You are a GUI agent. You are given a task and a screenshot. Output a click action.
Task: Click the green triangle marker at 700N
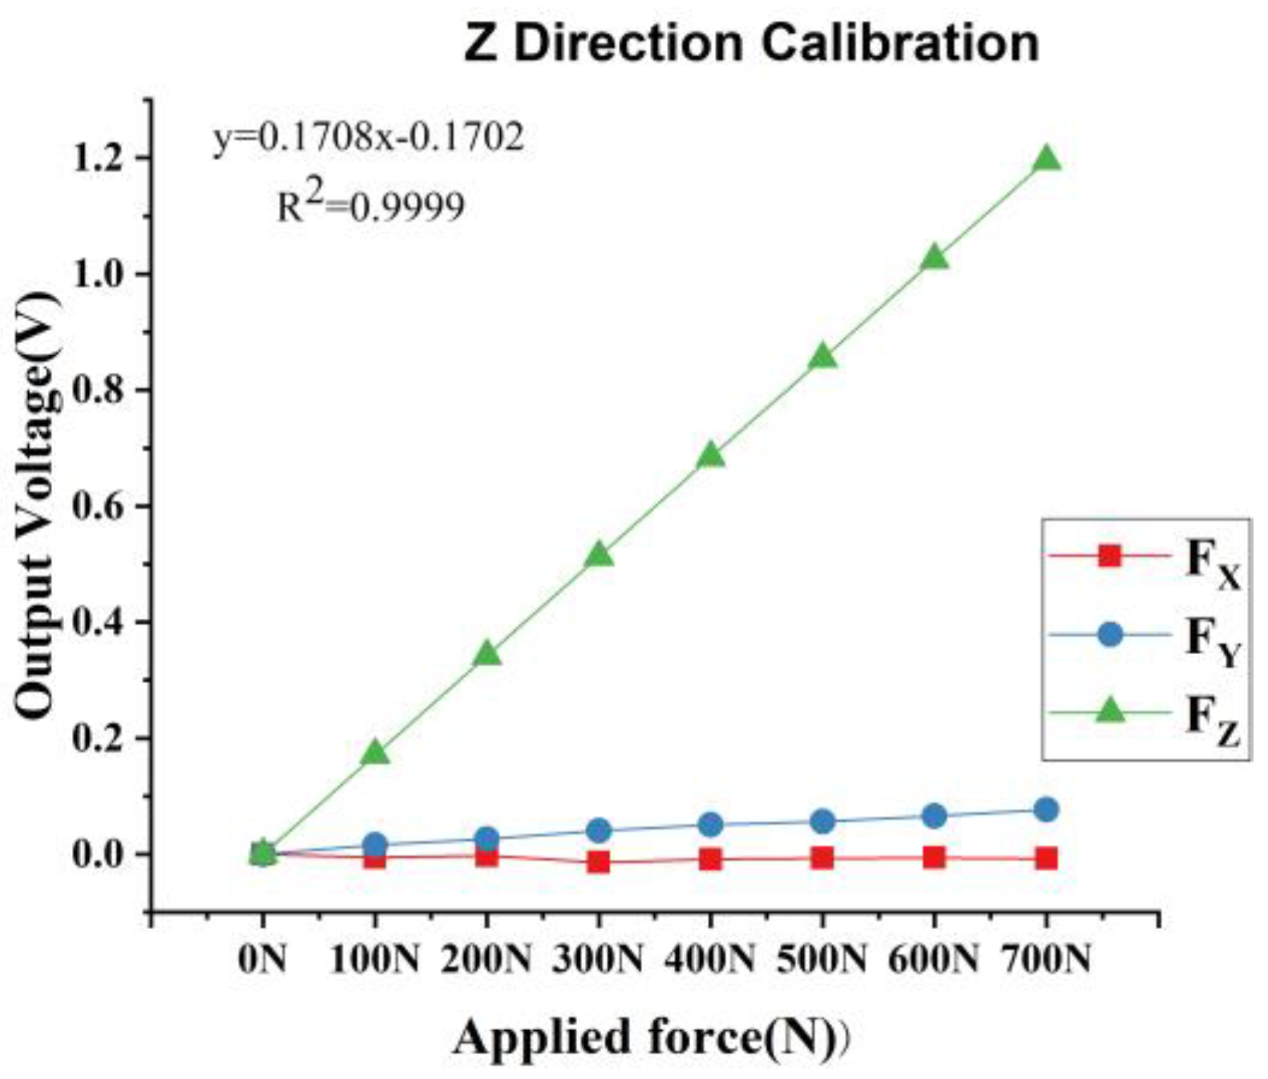tap(1045, 160)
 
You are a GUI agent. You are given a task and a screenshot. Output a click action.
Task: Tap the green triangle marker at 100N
tap(375, 753)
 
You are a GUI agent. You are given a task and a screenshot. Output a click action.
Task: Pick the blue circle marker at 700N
tap(1045, 810)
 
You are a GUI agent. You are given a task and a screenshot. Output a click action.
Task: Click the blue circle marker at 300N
tap(598, 830)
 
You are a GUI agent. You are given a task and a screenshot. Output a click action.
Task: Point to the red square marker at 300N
tap(598, 863)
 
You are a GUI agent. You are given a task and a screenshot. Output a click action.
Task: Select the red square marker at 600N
tap(934, 857)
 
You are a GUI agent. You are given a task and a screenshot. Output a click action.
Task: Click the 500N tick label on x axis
tap(822, 959)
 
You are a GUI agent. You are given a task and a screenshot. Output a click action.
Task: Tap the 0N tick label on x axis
tap(262, 959)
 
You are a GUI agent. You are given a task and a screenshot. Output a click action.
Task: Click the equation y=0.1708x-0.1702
tap(369, 137)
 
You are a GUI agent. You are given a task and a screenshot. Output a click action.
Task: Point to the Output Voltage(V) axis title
tap(37, 505)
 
